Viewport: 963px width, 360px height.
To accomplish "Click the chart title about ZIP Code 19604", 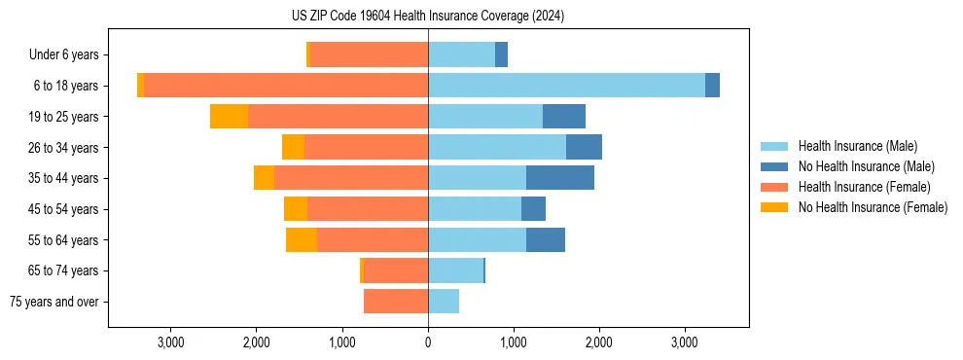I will point(428,16).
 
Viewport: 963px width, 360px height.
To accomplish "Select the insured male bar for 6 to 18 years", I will point(566,86).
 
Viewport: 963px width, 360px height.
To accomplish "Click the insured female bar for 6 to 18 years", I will point(286,86).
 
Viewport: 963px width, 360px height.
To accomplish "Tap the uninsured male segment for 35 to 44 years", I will point(560,178).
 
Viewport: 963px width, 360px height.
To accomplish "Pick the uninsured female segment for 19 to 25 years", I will point(229,117).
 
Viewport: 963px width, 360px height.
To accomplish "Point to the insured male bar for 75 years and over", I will point(444,302).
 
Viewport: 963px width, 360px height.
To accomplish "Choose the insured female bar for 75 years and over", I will point(396,302).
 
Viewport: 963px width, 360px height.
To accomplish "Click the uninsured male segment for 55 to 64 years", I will point(546,240).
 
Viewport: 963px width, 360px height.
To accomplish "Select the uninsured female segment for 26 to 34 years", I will point(293,147).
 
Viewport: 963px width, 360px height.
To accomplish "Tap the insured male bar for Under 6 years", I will point(461,54).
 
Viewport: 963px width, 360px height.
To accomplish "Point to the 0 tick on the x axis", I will point(428,342).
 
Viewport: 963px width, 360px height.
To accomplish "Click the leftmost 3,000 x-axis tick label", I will point(170,342).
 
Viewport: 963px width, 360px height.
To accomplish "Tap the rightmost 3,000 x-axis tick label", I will point(685,342).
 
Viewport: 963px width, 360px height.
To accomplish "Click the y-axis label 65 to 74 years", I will point(64,270).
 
